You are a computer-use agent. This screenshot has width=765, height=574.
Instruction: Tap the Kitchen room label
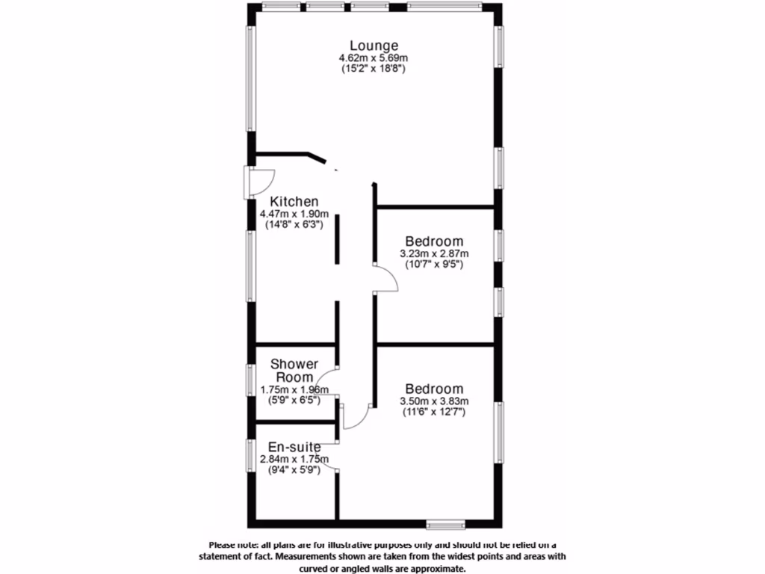(294, 202)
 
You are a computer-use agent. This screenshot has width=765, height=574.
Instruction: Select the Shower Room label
(294, 371)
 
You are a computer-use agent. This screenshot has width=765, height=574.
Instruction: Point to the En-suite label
(294, 447)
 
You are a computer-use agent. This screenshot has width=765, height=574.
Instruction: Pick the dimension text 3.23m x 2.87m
(434, 254)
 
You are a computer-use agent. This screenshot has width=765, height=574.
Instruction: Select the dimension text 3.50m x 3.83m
(434, 401)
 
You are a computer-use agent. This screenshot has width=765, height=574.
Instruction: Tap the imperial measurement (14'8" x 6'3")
(294, 225)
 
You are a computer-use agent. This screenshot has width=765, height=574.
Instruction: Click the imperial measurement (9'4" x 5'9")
(294, 471)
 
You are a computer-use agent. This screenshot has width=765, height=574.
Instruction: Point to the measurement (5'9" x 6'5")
(294, 400)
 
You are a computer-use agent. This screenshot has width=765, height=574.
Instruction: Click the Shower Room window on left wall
(251, 378)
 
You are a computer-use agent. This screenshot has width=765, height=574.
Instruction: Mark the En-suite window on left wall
(251, 454)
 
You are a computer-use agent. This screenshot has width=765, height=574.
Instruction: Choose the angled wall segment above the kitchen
(315, 157)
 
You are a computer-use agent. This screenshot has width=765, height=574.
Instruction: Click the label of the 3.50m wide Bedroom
(434, 389)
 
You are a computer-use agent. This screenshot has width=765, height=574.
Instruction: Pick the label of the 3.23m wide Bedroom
(434, 241)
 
